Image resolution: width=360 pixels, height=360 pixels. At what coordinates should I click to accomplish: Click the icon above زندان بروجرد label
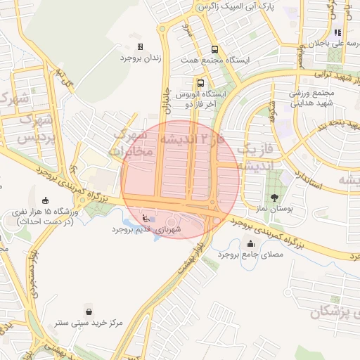pyautogui.click(x=141, y=47)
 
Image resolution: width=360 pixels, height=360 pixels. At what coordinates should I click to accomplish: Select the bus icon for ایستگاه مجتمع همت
pyautogui.click(x=214, y=49)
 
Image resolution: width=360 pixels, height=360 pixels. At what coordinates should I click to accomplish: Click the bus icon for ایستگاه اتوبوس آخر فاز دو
pyautogui.click(x=201, y=82)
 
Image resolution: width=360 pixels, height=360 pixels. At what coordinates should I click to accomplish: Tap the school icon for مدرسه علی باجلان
pyautogui.click(x=338, y=32)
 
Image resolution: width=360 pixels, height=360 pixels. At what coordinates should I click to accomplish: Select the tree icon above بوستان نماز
pyautogui.click(x=274, y=198)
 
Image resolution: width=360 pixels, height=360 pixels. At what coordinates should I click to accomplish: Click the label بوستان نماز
pyautogui.click(x=274, y=210)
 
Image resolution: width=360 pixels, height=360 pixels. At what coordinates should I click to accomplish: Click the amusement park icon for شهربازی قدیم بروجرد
pyautogui.click(x=146, y=217)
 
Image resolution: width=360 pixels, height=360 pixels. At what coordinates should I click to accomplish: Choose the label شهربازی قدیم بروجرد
pyautogui.click(x=146, y=229)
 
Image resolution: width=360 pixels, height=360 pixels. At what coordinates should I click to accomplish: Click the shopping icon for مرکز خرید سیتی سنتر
pyautogui.click(x=88, y=311)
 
